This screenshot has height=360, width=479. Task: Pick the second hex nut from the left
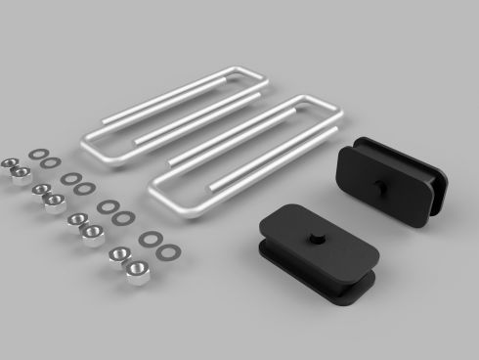20,175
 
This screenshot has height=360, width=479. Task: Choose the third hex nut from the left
40,190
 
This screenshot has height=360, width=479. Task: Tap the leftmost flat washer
36,154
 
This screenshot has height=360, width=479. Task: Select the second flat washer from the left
49,161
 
